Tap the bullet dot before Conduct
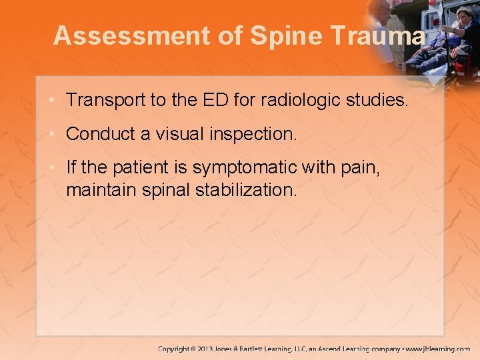[53, 134]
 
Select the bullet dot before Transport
[53, 101]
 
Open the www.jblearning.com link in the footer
[437, 349]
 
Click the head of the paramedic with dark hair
[465, 15]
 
